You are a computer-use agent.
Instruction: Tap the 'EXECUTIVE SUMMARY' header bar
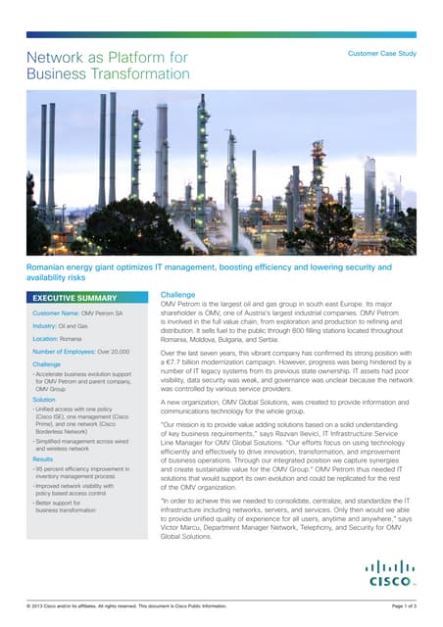click(88, 297)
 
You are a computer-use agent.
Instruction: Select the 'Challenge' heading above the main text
click(177, 294)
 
